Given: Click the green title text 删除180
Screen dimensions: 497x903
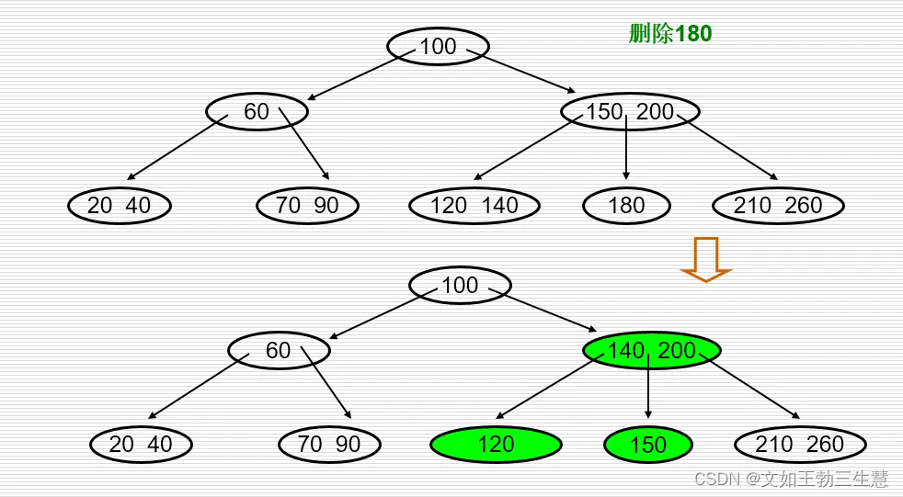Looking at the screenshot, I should (x=670, y=34).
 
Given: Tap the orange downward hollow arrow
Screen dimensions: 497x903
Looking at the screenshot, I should (x=705, y=259).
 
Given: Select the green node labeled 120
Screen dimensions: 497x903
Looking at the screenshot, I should (x=496, y=445).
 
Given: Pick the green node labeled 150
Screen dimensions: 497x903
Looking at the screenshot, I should (x=648, y=446).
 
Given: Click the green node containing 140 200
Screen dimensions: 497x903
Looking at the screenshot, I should (x=651, y=350).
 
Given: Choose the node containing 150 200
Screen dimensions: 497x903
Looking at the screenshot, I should (x=630, y=112).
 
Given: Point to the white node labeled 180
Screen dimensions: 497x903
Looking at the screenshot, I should (x=626, y=205).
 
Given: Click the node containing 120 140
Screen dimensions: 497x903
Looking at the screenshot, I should (x=474, y=205).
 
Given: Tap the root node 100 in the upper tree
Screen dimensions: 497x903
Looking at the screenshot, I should (x=438, y=46).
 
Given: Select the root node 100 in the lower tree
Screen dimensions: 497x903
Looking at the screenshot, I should (x=460, y=285).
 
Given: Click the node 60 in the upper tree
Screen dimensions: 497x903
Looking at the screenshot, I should (x=257, y=112).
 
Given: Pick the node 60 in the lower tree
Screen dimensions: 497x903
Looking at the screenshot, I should (x=278, y=350).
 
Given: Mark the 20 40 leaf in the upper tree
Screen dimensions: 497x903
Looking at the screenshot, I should (x=120, y=205).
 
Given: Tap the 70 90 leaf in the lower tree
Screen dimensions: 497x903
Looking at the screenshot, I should (x=329, y=445).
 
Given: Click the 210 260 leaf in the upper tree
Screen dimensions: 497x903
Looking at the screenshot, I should (x=778, y=205).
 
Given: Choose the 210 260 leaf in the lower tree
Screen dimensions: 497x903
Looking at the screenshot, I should (x=800, y=445).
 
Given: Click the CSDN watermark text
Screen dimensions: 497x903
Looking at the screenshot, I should (x=791, y=479).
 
